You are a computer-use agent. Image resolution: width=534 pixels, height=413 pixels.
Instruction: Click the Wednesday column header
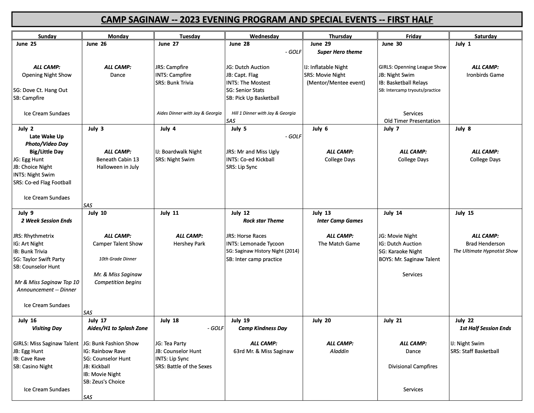click(264, 36)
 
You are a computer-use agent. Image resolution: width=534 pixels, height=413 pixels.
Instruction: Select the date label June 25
click(26, 44)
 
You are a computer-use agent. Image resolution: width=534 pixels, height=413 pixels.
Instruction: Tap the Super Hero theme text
click(339, 52)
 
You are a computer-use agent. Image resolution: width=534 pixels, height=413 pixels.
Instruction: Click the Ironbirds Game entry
click(485, 75)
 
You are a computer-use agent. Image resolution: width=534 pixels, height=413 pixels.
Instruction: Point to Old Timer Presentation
click(412, 121)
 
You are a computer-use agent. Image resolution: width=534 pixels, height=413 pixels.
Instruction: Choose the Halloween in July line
click(117, 167)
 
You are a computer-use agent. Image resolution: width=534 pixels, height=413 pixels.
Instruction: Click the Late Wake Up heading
click(47, 136)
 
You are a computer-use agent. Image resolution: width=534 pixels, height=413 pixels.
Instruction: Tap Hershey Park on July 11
click(189, 244)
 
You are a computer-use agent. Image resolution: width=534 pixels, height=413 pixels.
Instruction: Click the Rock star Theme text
click(263, 221)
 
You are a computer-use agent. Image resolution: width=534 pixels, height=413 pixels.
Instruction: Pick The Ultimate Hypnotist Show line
click(485, 251)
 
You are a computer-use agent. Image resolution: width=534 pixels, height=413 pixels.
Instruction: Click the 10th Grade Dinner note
click(117, 259)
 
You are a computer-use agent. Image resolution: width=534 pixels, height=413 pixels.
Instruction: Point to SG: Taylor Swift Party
click(39, 259)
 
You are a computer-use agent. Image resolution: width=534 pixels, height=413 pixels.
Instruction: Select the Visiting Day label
click(47, 328)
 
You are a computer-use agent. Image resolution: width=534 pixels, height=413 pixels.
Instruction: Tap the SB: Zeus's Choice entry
click(104, 382)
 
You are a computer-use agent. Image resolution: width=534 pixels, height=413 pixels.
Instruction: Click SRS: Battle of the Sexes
click(183, 366)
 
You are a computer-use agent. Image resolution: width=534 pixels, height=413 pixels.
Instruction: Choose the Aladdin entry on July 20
click(339, 351)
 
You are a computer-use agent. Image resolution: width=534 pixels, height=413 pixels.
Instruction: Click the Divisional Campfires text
click(413, 366)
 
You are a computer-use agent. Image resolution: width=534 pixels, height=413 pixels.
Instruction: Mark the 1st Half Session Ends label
click(485, 328)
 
